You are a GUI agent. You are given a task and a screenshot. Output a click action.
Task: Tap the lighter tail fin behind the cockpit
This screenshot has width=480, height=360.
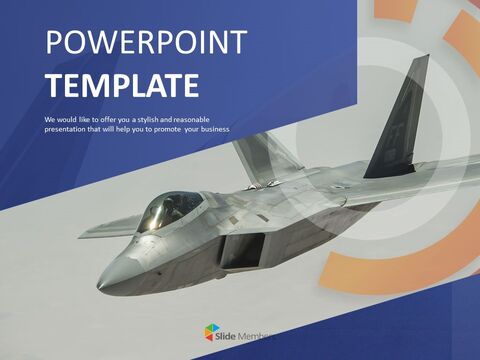pos(262,155)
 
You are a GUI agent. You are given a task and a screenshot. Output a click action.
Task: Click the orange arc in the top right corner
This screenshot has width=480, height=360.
pos(461,40)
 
